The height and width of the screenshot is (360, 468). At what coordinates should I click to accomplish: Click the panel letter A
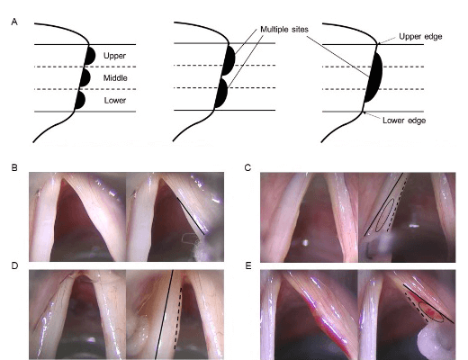coord(14,22)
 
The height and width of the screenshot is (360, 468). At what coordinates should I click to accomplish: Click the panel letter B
coord(14,167)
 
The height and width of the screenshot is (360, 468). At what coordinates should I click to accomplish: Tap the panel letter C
coord(247,167)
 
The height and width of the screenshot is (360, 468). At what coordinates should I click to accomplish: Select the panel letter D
coord(14,265)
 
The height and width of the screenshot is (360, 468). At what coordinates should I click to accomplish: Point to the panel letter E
coord(248,265)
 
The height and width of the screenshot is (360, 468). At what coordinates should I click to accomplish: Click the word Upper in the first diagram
coord(114,56)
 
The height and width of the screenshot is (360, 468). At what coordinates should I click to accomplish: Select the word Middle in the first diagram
coord(115,78)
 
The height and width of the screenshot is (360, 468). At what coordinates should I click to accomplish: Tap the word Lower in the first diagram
coord(115,100)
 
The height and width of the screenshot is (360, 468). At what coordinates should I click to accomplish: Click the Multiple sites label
coord(284,30)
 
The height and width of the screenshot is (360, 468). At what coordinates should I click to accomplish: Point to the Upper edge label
coord(420,37)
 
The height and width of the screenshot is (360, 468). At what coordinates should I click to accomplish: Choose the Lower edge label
coord(404,121)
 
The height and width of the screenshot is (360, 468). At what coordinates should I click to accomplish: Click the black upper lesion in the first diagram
coord(90,55)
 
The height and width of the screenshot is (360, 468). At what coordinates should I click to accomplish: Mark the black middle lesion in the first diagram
coord(85,77)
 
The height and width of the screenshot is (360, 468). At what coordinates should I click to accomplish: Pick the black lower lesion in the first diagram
coord(80,100)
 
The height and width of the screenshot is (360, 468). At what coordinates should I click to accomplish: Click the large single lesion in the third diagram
coord(374,77)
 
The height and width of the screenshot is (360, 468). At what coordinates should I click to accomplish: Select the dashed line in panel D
coord(178,318)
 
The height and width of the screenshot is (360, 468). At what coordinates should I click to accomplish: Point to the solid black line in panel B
coord(191,216)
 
